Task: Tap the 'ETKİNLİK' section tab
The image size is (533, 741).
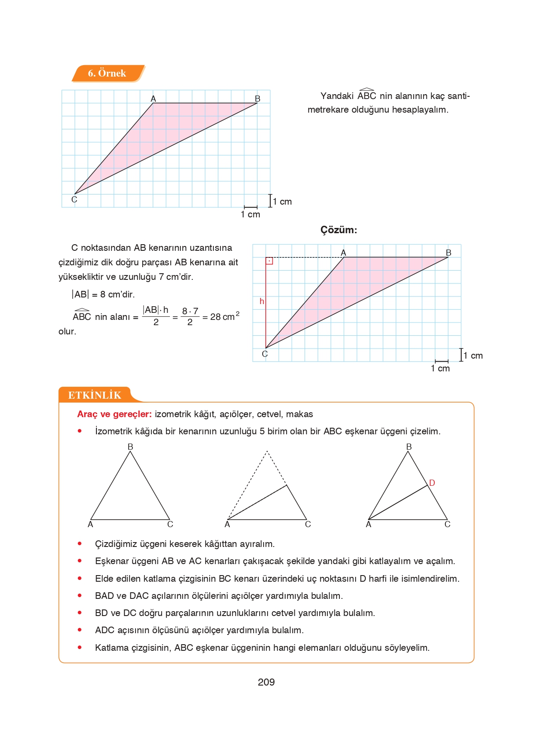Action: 95,395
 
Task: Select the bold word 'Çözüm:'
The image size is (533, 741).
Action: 338,230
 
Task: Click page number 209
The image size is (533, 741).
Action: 266,682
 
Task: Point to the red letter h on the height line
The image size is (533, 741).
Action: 262,301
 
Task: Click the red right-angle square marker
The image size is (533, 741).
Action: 269,261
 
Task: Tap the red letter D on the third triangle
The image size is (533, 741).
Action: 432,483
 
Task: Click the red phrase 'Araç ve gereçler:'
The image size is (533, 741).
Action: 114,414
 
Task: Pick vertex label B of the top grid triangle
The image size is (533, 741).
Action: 257,99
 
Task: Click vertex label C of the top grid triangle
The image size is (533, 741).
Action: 74,200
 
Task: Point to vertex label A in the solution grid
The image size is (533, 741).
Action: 343,253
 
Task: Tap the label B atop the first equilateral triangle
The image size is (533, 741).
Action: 130,447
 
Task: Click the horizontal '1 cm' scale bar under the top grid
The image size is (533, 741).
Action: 250,207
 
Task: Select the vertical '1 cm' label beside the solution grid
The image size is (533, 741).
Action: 473,356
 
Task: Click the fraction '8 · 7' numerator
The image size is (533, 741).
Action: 190,311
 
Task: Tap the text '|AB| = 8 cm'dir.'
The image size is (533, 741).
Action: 103,294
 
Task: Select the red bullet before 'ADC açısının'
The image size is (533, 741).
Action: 80,630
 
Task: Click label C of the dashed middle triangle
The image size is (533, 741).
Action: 308,524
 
